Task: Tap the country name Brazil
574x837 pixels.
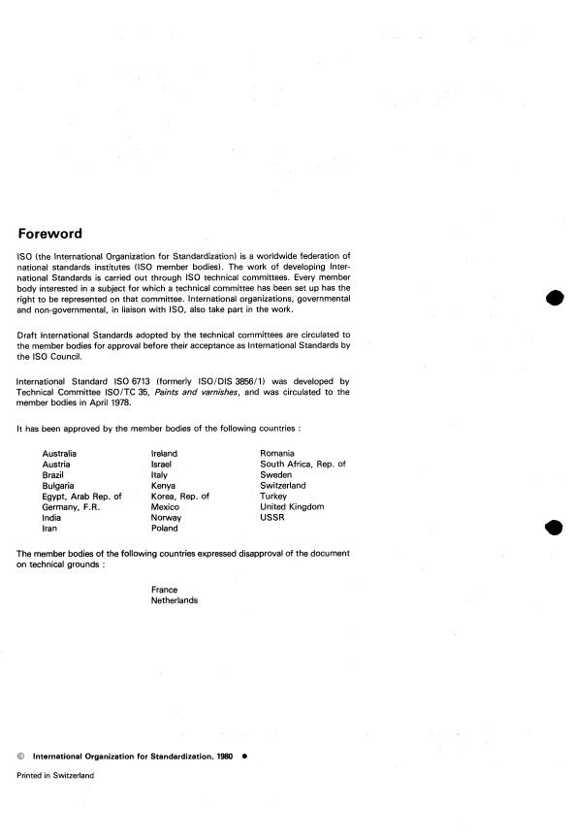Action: (x=54, y=475)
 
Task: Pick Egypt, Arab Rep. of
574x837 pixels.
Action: (x=81, y=497)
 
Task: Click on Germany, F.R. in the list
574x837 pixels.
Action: (x=72, y=507)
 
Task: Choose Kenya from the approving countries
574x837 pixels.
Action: (x=165, y=486)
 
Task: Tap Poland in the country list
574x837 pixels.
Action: (x=165, y=529)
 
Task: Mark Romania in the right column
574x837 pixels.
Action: (x=277, y=453)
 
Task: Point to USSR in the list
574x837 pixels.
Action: (x=271, y=518)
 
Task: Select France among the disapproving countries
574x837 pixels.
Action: (x=165, y=590)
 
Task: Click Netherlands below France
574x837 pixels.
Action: (x=175, y=600)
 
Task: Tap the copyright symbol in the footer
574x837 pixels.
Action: (x=21, y=755)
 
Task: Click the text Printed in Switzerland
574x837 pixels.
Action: (x=55, y=776)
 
